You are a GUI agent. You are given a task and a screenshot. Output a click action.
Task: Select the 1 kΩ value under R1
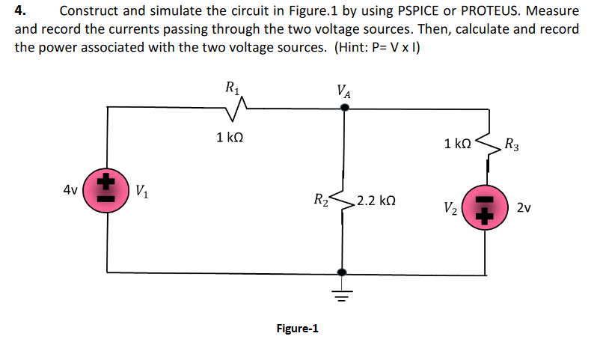230,137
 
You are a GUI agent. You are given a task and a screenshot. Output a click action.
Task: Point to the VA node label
344,93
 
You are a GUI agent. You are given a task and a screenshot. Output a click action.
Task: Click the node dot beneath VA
344,107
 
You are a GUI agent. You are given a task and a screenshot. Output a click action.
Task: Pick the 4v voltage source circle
106,190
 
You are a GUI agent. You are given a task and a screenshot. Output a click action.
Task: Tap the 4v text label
71,189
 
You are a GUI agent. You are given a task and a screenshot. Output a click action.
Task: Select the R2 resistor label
319,200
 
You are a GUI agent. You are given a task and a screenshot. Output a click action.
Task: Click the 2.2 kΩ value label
376,201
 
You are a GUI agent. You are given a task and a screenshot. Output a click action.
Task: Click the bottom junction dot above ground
343,272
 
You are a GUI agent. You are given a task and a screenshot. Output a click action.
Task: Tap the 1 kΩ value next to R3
457,143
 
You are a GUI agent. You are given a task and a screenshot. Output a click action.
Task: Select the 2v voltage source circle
485,207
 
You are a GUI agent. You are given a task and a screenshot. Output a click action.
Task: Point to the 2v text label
524,207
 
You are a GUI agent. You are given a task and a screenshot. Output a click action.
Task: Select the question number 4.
21,11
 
